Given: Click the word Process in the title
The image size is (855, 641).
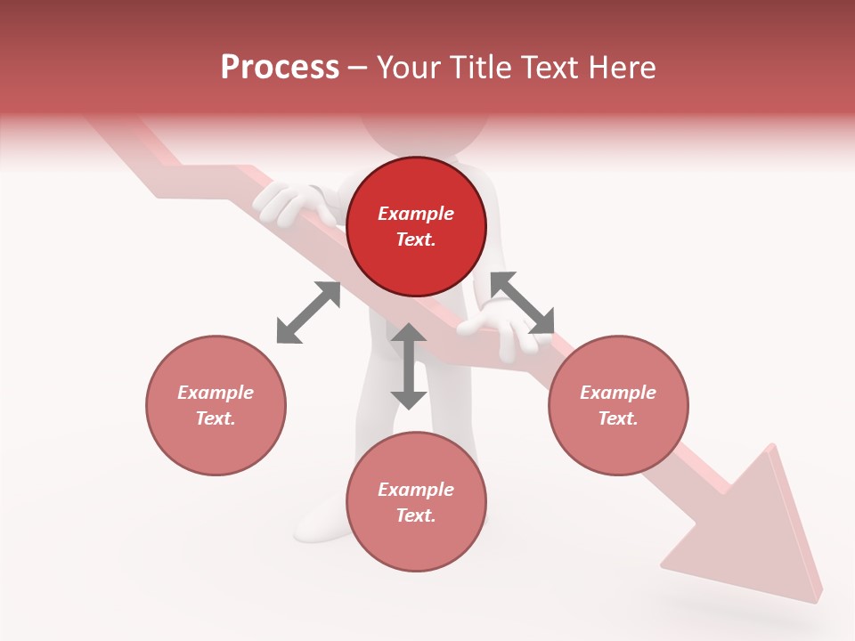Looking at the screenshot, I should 280,68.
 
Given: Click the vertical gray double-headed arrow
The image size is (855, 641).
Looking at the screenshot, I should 409,366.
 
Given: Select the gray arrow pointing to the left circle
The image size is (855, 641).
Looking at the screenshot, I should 308,312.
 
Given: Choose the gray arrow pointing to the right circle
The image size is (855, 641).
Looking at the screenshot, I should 522,303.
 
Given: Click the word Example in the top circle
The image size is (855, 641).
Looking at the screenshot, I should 416,214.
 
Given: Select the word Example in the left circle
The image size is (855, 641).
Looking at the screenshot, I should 216,393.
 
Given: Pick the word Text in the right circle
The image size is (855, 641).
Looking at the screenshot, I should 618,418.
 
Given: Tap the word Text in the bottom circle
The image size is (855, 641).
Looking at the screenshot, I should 416,515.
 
